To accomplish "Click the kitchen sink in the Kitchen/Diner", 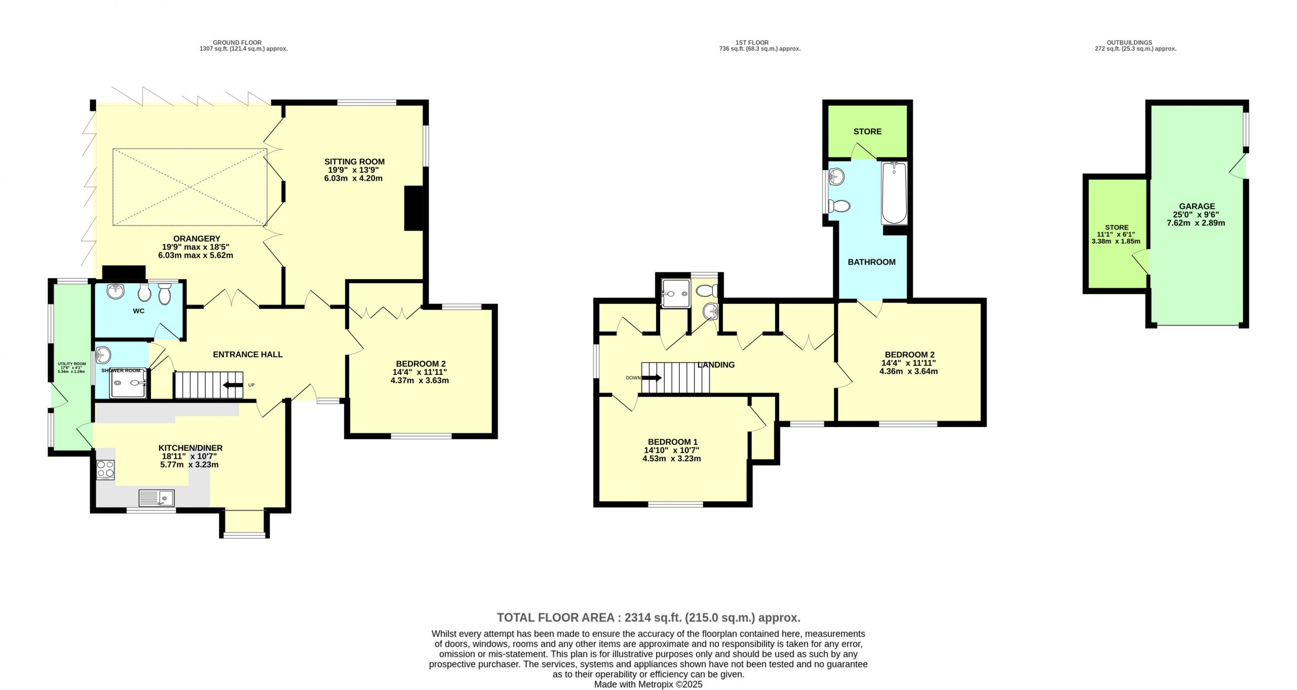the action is [157, 498].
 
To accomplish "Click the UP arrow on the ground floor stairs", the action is [233, 386].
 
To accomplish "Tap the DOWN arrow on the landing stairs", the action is [652, 377].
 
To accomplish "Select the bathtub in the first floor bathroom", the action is [894, 193].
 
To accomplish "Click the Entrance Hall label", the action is [248, 355].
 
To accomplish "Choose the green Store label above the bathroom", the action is [867, 131].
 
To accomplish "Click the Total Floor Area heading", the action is [648, 618].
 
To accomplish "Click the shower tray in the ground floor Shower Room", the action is [129, 383].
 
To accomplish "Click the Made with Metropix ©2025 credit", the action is [648, 684].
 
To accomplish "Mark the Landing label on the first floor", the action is [716, 365].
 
